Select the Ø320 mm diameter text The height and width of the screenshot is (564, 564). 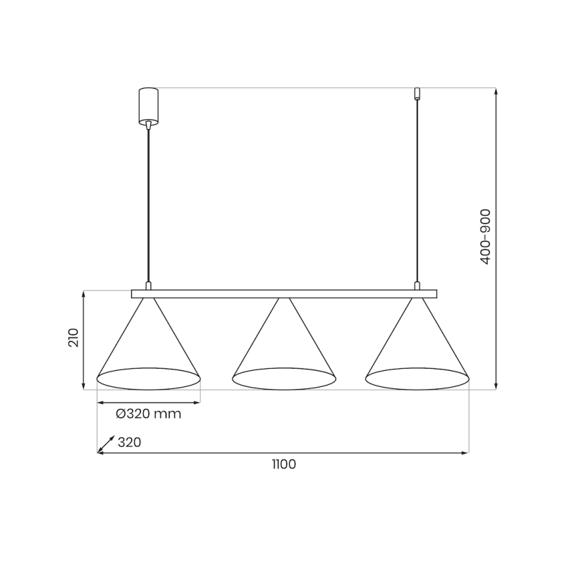149,414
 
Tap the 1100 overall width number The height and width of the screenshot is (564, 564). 283,464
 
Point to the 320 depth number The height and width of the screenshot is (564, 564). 130,443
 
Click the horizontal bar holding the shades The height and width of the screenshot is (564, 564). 283,293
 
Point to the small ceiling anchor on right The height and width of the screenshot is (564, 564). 417,93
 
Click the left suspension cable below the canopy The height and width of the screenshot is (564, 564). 148,204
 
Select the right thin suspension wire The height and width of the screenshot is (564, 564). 417,190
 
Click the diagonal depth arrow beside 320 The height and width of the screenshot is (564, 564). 106,443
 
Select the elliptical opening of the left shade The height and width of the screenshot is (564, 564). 148,379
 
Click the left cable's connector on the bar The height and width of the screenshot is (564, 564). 148,286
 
